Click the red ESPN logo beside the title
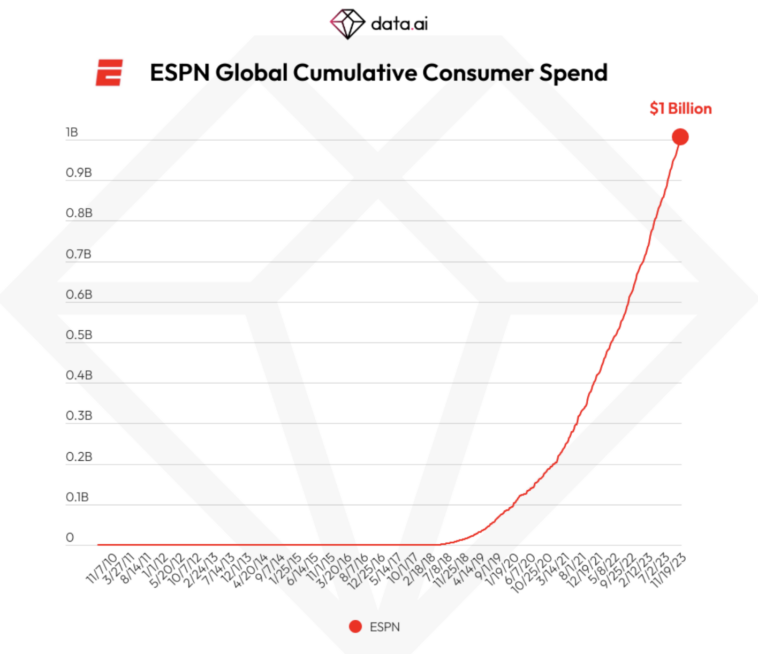(109, 73)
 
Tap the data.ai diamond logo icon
(347, 23)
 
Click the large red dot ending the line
(680, 137)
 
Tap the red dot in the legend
(354, 627)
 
